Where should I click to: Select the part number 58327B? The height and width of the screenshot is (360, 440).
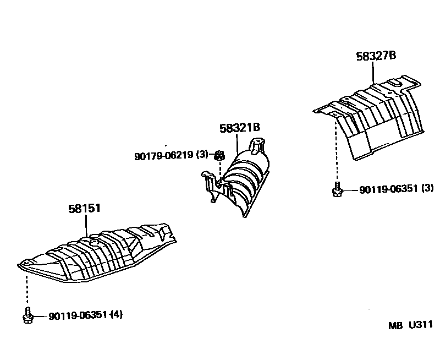click(x=376, y=56)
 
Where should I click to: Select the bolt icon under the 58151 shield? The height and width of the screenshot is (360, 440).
click(x=27, y=316)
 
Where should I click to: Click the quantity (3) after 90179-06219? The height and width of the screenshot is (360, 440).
click(x=202, y=155)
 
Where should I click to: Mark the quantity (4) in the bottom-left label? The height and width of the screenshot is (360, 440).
click(x=117, y=315)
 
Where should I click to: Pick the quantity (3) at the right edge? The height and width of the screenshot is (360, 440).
click(x=427, y=189)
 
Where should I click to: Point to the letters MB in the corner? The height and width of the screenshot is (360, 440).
click(x=395, y=326)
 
